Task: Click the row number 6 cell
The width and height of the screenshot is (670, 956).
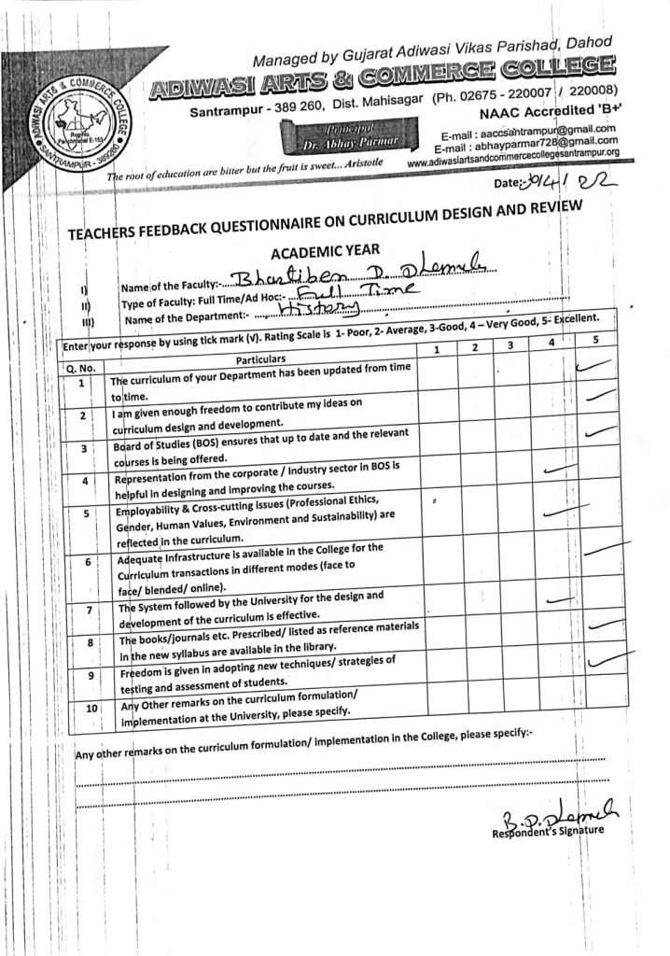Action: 87,563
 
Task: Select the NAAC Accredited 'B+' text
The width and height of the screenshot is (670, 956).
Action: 554,109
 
